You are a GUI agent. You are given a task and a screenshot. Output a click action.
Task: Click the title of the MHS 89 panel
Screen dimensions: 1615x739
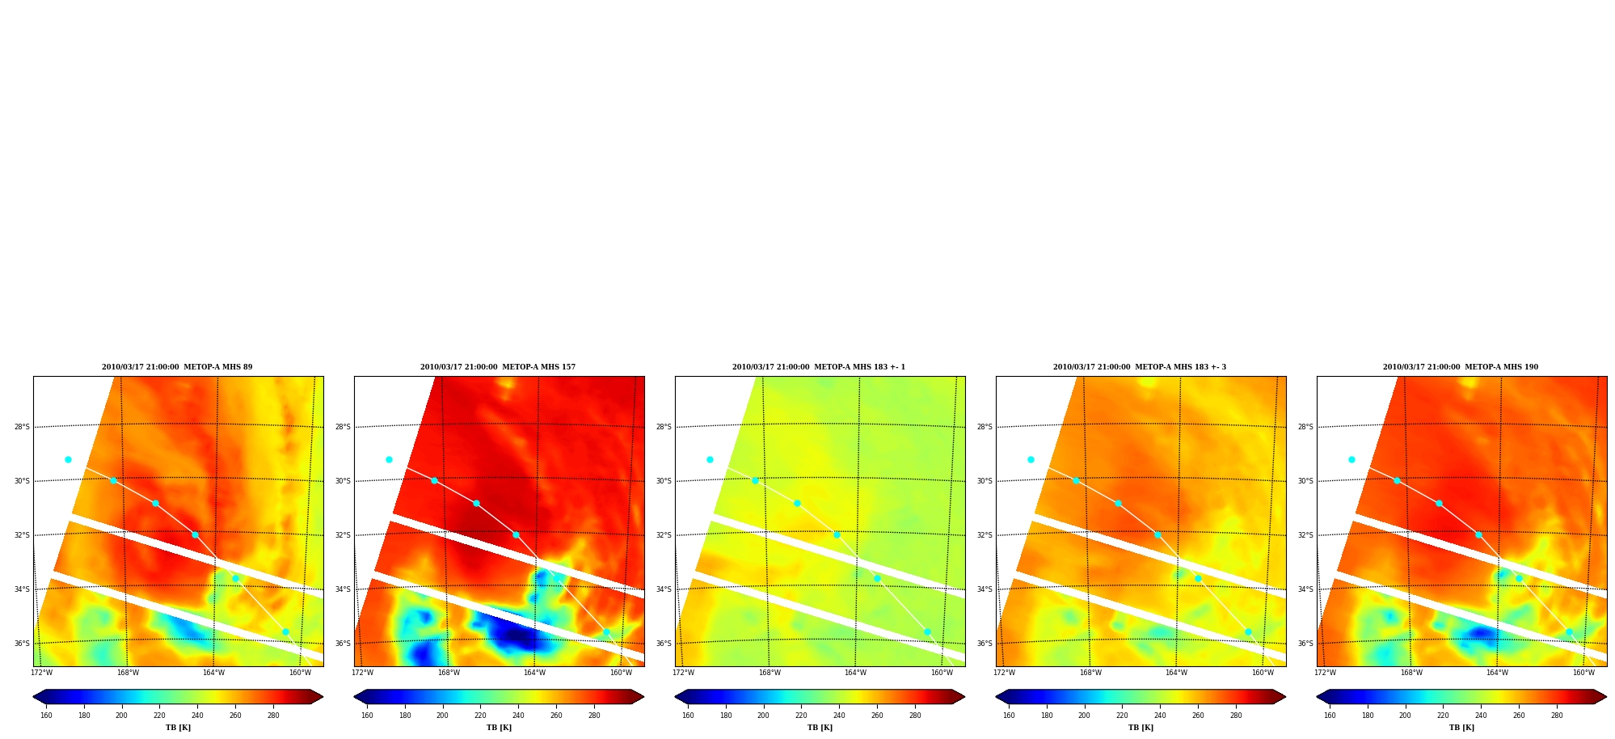pos(177,367)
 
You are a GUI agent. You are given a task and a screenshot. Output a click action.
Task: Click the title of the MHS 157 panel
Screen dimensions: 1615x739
pos(498,367)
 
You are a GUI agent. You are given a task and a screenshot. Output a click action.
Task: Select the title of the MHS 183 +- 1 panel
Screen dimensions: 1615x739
pos(819,367)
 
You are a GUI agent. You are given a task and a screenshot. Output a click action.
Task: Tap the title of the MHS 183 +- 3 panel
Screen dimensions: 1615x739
pos(1140,367)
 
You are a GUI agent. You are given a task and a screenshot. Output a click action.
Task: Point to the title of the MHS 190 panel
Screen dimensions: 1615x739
pos(1461,367)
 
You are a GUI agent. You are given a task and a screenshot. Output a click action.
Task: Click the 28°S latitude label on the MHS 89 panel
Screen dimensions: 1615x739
pos(22,427)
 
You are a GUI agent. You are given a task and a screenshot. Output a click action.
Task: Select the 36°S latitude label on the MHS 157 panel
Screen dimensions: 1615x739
pos(343,644)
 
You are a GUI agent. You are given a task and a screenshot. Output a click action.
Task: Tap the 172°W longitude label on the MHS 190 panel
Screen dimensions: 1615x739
pos(1325,673)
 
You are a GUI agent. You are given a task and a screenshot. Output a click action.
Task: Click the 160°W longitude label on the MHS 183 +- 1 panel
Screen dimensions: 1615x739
pos(942,673)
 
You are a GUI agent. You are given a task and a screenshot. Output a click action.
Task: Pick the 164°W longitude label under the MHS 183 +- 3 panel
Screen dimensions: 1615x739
pos(1176,673)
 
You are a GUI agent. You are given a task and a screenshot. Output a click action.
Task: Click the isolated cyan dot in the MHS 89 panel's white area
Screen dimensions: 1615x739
pos(68,459)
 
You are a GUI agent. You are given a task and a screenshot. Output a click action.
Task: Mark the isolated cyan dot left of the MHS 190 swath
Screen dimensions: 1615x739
pos(1351,459)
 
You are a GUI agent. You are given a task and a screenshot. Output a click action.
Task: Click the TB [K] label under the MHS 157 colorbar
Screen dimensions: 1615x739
pos(499,728)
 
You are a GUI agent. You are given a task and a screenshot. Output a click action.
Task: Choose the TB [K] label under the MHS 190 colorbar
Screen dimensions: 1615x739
pos(1461,728)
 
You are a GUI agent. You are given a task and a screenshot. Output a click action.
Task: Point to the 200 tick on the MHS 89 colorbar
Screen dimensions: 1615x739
pos(121,716)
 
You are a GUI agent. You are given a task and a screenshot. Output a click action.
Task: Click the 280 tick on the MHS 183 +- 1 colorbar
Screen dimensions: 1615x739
pos(915,716)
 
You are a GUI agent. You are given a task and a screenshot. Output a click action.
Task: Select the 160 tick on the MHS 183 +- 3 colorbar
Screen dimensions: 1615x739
pos(1009,716)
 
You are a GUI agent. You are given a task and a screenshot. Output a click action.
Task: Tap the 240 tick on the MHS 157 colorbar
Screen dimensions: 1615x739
pos(518,716)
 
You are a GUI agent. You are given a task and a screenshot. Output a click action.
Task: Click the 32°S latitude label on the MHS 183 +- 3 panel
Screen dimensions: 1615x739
pos(985,535)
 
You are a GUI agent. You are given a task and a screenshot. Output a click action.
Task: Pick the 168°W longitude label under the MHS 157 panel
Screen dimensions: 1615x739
pos(449,673)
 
